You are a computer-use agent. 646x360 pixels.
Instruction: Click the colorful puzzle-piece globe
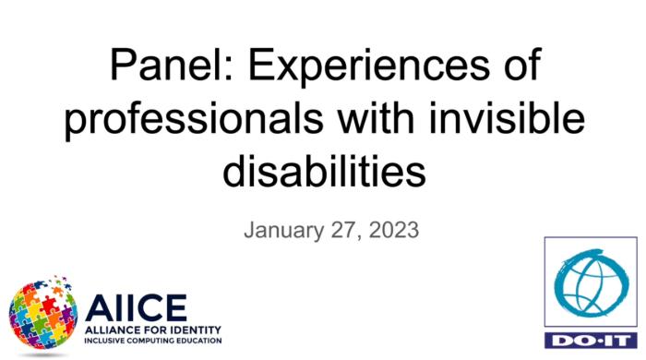pos(42,313)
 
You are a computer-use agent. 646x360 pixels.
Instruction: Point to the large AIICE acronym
pos(135,306)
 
